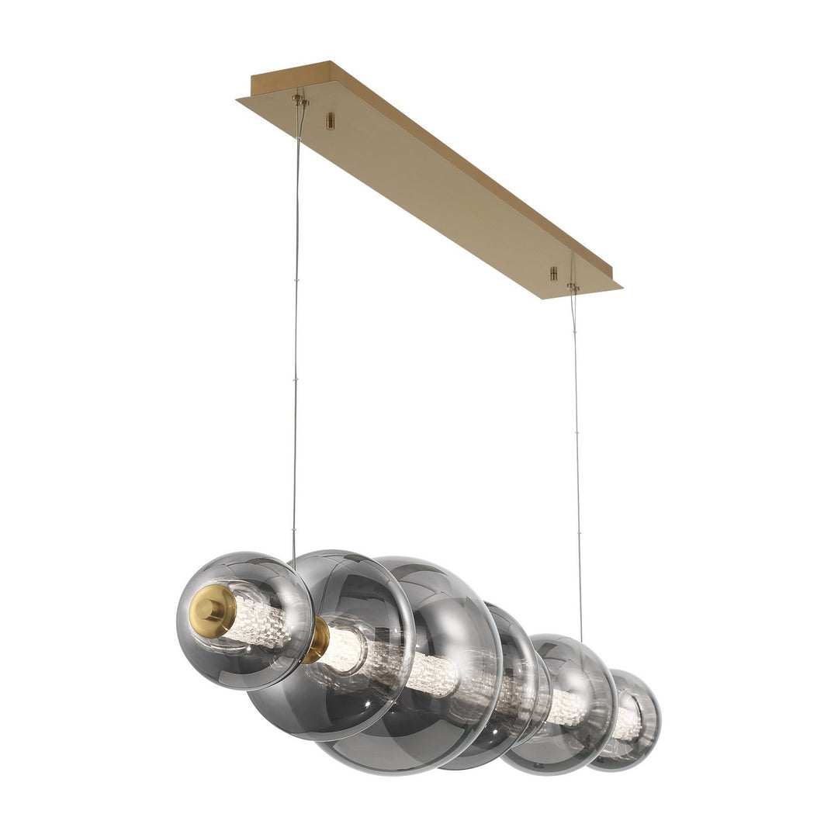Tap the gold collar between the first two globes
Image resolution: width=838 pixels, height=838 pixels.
[x=317, y=639]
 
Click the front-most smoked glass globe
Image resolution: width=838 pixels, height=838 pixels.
[x=244, y=621]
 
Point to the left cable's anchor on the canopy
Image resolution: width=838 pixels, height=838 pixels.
[x=300, y=100]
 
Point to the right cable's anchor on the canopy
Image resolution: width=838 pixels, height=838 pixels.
[x=573, y=286]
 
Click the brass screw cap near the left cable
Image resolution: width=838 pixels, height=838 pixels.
[x=331, y=120]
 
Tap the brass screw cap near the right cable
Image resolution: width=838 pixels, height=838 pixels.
[x=553, y=273]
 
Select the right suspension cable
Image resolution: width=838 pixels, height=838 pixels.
[x=577, y=466]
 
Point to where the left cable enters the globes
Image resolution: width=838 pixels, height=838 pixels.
[x=293, y=560]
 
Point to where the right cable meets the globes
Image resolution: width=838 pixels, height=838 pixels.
[x=581, y=639]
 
